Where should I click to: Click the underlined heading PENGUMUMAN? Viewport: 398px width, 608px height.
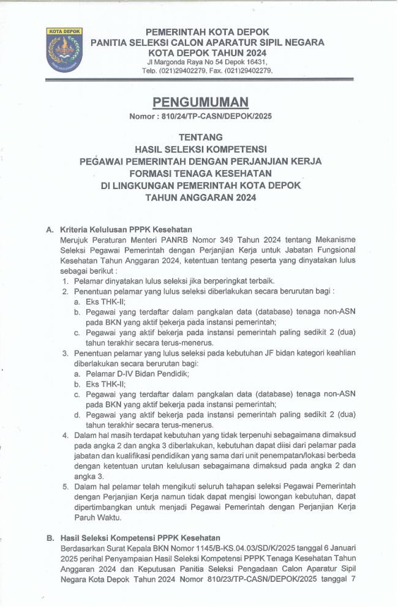[x=201, y=102]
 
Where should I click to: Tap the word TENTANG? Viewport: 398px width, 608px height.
[x=201, y=137]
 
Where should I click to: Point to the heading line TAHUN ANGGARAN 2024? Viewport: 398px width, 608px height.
[x=201, y=198]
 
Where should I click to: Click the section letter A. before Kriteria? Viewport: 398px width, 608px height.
[x=51, y=229]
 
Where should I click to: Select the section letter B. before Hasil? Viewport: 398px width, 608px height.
[x=51, y=538]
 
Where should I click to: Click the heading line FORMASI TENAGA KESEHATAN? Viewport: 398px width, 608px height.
[x=201, y=173]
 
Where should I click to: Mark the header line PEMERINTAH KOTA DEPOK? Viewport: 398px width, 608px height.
[x=206, y=32]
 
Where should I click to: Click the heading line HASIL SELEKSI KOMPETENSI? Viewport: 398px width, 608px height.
[x=201, y=149]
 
